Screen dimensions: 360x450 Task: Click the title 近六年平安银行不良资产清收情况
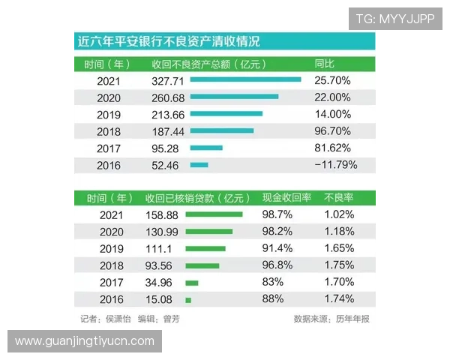tap(169, 41)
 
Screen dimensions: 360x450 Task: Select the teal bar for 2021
tap(245, 79)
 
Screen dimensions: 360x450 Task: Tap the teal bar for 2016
tap(199, 165)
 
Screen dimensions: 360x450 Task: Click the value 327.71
tap(167, 80)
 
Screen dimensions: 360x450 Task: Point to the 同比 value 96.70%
tap(333, 131)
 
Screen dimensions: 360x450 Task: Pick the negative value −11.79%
tap(335, 165)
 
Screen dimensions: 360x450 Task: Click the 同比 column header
tap(324, 63)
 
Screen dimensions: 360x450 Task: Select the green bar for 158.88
tap(214, 214)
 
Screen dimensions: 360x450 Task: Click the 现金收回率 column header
tap(286, 198)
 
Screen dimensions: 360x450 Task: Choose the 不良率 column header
tap(339, 198)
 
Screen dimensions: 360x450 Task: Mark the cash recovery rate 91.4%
tap(273, 248)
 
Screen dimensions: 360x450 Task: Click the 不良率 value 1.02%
tap(339, 214)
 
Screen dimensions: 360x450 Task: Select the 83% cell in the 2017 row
tap(273, 283)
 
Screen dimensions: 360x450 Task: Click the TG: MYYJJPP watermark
tap(394, 18)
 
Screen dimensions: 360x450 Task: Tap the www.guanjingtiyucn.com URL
tap(84, 340)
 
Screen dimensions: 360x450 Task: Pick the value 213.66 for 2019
tap(167, 114)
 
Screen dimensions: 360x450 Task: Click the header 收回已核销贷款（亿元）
tap(197, 198)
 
